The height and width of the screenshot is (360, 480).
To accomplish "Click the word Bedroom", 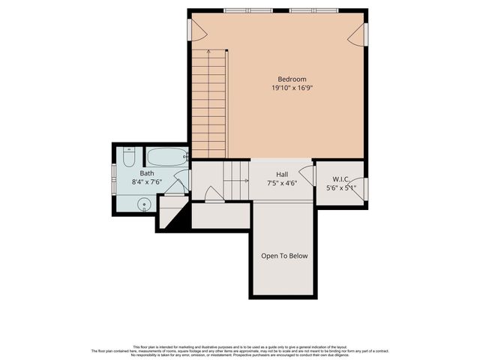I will tap(292, 79).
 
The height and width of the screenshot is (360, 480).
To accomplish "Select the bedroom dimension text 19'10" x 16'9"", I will tap(292, 88).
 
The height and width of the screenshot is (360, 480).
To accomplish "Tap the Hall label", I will tap(282, 173).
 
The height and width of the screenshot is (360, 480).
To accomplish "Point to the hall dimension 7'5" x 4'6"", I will tap(282, 182).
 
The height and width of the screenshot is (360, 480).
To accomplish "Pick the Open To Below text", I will tap(284, 256).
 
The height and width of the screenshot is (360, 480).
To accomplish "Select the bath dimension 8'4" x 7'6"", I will tap(147, 181).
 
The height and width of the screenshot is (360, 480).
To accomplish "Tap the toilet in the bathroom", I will tap(128, 157).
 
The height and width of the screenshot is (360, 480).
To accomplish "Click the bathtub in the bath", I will tap(166, 157).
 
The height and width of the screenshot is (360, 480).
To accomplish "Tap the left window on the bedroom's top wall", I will tap(248, 10).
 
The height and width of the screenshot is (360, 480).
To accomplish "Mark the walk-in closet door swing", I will tap(358, 189).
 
